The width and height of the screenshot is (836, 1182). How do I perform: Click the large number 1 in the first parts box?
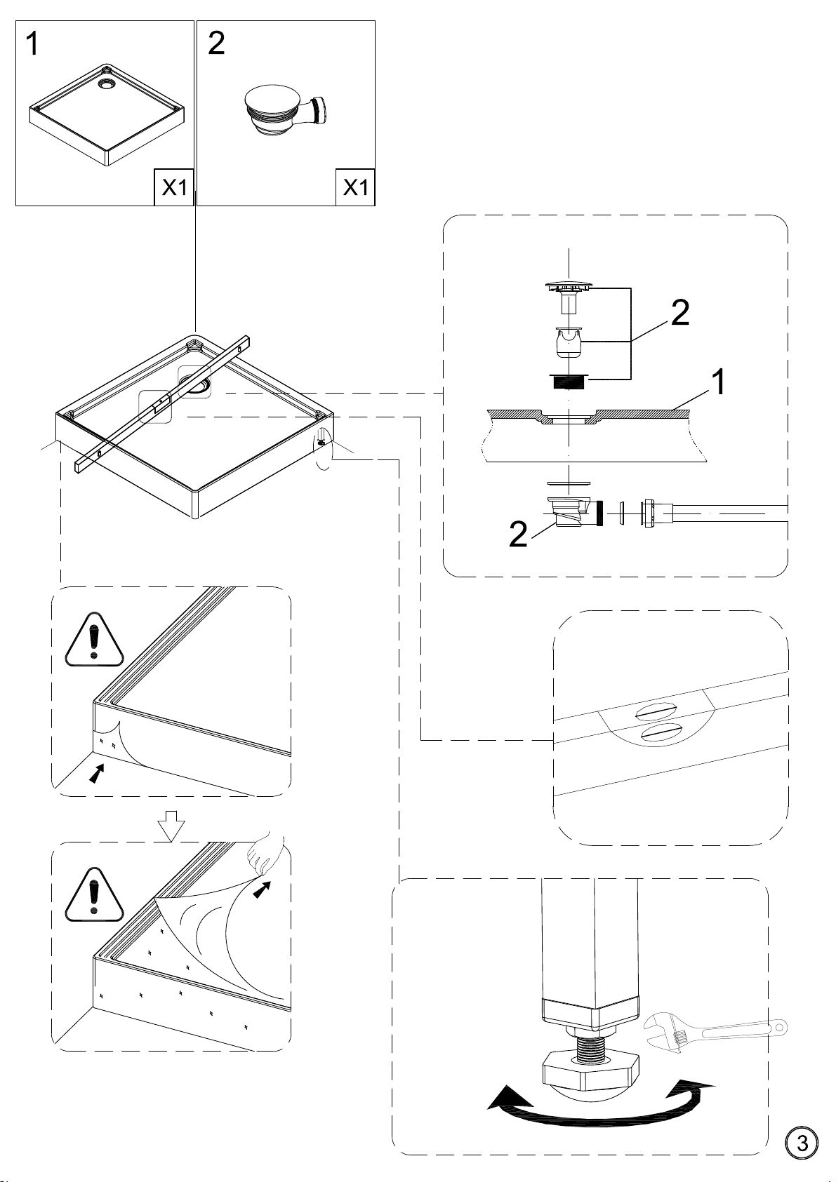tap(32, 43)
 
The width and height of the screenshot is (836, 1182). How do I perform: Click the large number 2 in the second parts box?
tap(216, 43)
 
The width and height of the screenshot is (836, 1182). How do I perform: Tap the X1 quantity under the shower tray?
tap(174, 187)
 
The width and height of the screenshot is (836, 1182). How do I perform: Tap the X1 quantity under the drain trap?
tap(356, 187)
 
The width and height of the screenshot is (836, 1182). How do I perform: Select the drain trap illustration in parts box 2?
tap(287, 112)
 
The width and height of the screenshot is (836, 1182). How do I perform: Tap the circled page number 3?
tap(802, 1143)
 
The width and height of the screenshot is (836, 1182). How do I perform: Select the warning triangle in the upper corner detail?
tap(94, 640)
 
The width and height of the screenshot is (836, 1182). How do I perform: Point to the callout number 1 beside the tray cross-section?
tap(717, 382)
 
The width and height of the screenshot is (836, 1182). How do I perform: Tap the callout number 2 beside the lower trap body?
tap(518, 535)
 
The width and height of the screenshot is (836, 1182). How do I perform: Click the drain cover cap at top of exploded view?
tap(569, 288)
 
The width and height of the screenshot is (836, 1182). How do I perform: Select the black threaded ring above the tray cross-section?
tap(569, 381)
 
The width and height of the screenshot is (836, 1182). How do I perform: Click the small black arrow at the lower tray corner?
tap(95, 774)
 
